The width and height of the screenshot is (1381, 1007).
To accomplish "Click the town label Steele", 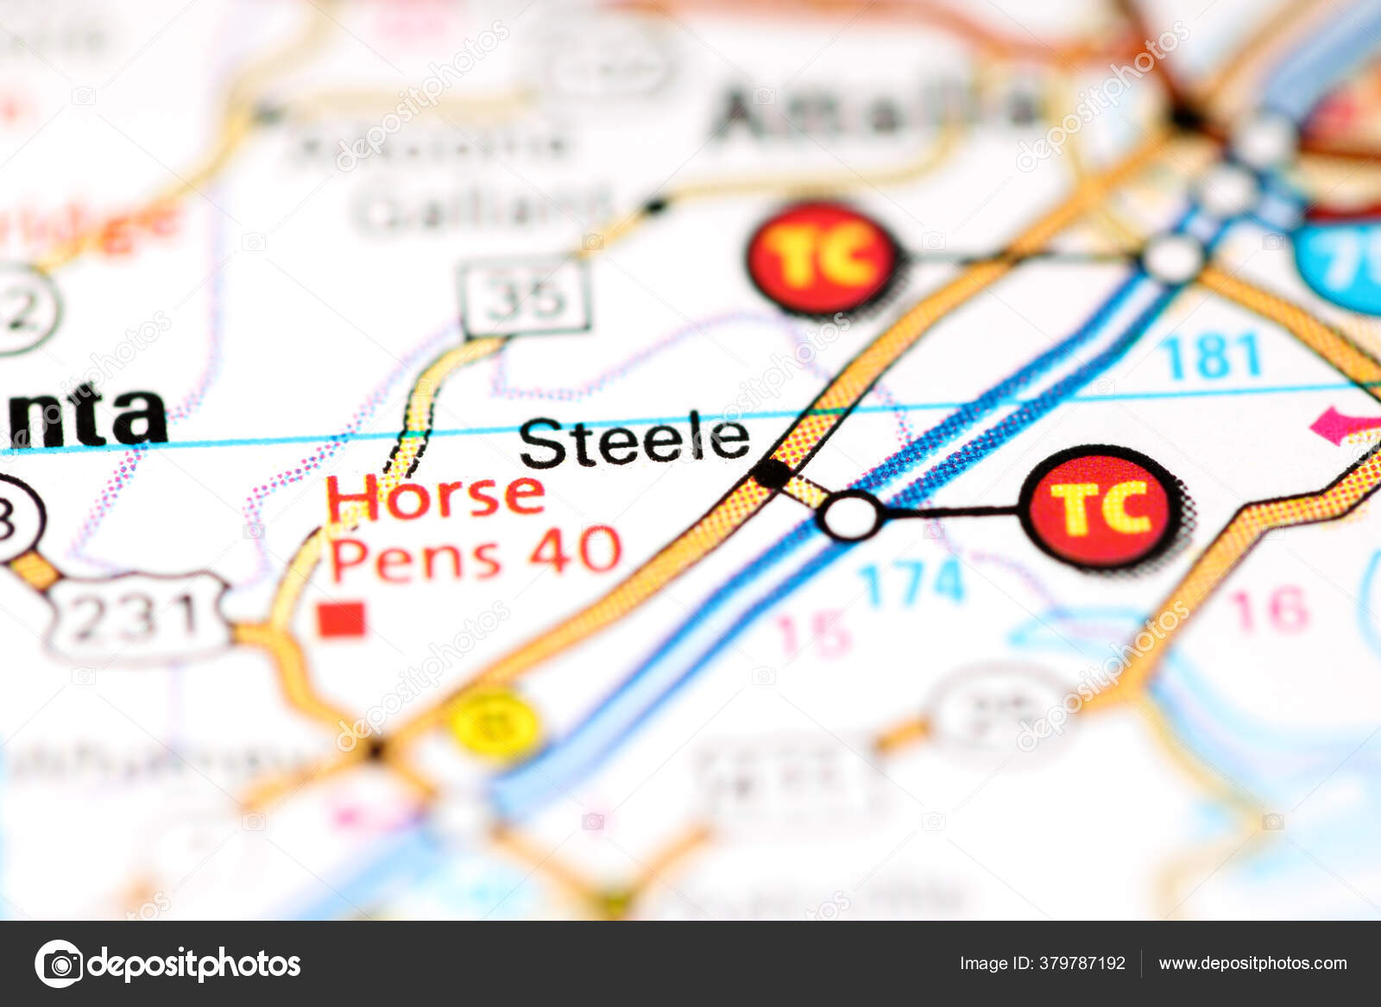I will coord(634,441).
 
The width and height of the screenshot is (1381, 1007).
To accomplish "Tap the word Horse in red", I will coord(435,498).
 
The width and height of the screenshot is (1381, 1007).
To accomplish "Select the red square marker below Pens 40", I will coord(341,619).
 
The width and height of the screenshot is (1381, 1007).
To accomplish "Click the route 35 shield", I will coord(526,297).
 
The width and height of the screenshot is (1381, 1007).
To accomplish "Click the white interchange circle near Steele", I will coord(851,515).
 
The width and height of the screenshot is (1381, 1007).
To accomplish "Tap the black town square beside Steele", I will coord(771,473).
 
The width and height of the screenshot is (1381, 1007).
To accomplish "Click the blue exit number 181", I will coord(1211,356).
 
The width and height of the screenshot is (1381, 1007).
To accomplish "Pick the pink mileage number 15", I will coord(812,634).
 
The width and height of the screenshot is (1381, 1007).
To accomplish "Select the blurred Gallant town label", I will coord(483,209).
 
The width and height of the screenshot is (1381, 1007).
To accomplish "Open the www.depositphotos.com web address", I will coord(1252,963).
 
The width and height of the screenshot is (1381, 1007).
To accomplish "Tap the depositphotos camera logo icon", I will coord(59,963).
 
